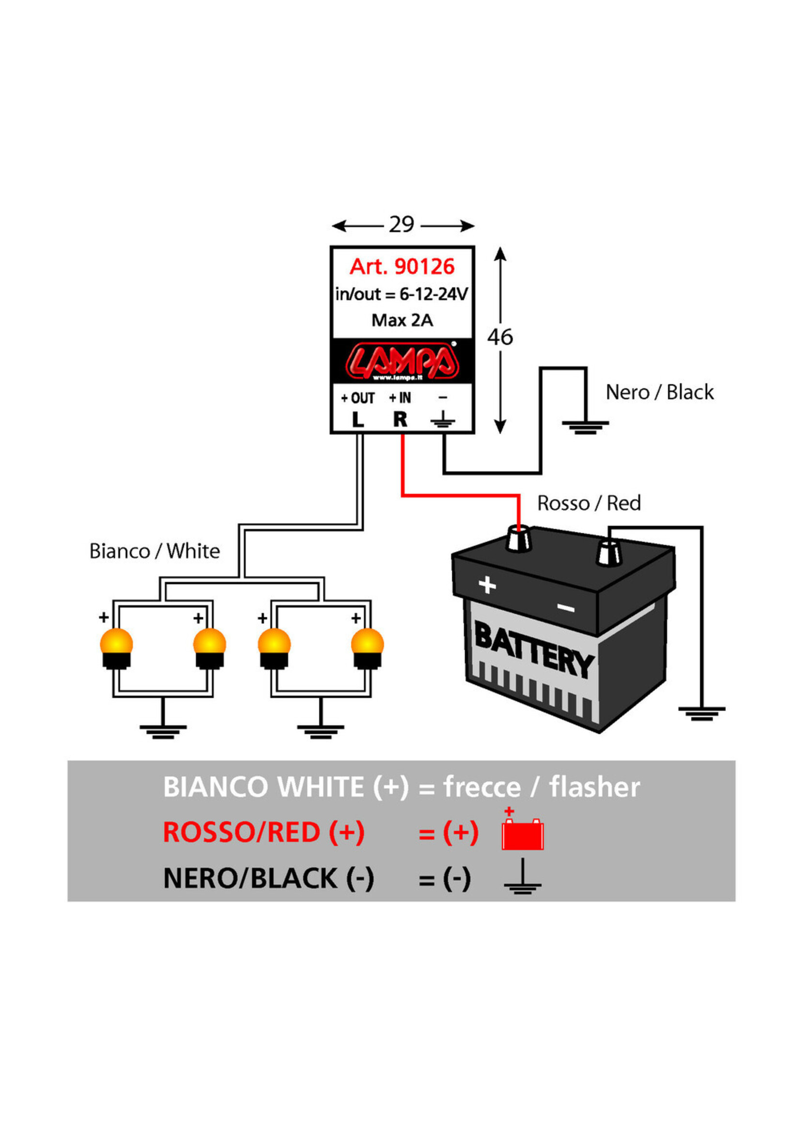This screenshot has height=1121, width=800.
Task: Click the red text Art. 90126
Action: pyautogui.click(x=401, y=267)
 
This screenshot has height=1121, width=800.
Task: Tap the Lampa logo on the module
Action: pyautogui.click(x=401, y=361)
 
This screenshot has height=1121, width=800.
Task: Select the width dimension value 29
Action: pyautogui.click(x=401, y=225)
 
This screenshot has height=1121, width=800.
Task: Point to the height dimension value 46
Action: pyautogui.click(x=500, y=337)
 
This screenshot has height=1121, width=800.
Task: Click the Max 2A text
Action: pyautogui.click(x=401, y=320)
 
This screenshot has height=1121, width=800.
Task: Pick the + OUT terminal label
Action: pyautogui.click(x=358, y=398)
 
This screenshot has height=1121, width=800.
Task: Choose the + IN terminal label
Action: pyautogui.click(x=400, y=398)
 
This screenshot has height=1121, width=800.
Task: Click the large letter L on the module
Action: pyautogui.click(x=358, y=420)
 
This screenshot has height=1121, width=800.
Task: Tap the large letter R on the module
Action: pyautogui.click(x=400, y=420)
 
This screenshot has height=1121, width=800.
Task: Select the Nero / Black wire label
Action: pyautogui.click(x=659, y=393)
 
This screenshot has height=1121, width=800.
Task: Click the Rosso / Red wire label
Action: pyautogui.click(x=589, y=504)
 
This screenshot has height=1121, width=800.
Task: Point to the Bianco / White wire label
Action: pyautogui.click(x=154, y=551)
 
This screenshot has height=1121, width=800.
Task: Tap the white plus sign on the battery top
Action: pyautogui.click(x=487, y=585)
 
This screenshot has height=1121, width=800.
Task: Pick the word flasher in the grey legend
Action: pyautogui.click(x=595, y=787)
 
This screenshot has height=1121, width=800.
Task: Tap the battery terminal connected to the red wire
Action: pyautogui.click(x=519, y=539)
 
